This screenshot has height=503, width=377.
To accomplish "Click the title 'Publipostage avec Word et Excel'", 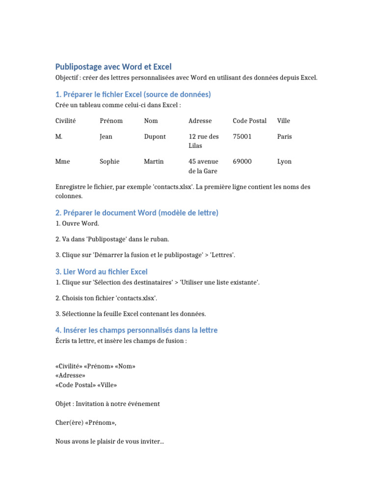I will [x=113, y=66].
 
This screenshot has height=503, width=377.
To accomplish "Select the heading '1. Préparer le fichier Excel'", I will [x=133, y=94].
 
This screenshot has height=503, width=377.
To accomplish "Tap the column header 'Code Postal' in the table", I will [x=249, y=120].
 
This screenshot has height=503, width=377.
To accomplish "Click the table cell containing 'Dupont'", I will [x=155, y=137].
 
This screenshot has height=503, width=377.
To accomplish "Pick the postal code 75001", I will [x=242, y=137].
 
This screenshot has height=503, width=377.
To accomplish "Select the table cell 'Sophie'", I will [x=109, y=161].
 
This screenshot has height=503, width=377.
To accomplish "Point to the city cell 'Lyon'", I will [x=284, y=161].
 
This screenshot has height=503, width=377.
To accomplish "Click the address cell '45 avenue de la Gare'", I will [x=203, y=166].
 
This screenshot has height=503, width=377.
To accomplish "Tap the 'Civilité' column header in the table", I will [x=66, y=120].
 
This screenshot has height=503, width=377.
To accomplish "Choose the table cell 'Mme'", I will [x=63, y=161].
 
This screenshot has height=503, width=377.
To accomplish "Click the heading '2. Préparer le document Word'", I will [x=137, y=213].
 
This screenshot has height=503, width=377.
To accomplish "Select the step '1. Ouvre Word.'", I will [x=78, y=224].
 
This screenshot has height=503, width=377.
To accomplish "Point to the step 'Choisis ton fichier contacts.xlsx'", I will [x=107, y=298].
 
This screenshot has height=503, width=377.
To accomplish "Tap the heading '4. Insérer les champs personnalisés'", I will [x=136, y=330].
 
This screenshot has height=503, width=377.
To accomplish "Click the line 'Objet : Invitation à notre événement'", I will [x=108, y=404].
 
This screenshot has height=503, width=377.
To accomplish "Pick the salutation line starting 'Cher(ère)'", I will [x=86, y=422].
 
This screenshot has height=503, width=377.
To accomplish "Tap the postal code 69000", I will [x=242, y=161].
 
